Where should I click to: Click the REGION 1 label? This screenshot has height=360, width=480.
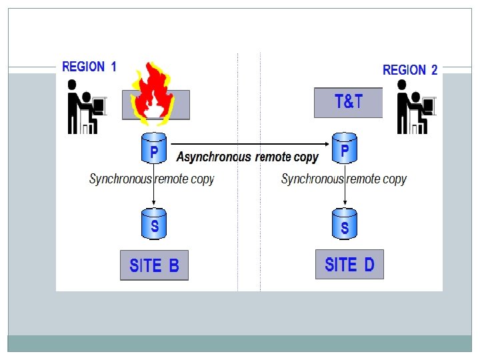[89, 67]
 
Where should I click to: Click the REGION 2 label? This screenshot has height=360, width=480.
[410, 70]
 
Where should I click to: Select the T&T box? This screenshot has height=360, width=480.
[348, 103]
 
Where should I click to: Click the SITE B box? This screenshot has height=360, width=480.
[154, 265]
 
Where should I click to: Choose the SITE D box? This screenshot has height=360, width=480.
[349, 265]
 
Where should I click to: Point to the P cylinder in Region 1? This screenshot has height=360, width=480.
[154, 148]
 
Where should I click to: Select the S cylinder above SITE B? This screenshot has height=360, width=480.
[154, 225]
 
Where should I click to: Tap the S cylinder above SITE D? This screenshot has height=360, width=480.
[345, 225]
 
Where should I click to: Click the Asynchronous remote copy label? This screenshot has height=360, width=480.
[247, 157]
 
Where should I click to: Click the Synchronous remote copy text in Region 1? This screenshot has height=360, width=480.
[151, 179]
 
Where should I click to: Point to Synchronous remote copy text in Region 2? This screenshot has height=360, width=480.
[343, 179]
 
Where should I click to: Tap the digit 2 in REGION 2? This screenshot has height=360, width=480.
[434, 70]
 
